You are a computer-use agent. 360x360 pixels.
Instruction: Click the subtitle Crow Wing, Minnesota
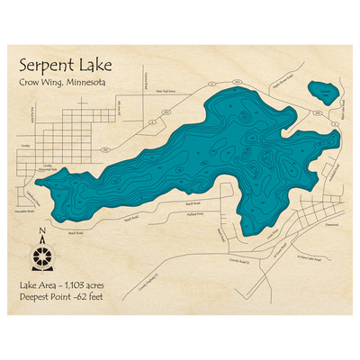click(x=65, y=85)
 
